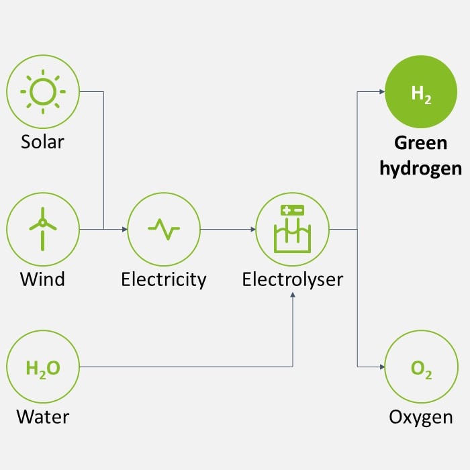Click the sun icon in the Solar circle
click(43, 92)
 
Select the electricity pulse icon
click(164, 230)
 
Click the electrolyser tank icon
click(292, 229)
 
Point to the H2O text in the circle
click(43, 369)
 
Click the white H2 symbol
click(421, 94)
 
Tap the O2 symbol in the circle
click(421, 369)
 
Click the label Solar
click(42, 142)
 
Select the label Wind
click(42, 279)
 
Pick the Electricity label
click(164, 280)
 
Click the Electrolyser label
click(292, 280)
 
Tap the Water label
click(43, 417)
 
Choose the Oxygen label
click(421, 418)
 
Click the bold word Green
click(421, 142)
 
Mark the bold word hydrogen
click(421, 169)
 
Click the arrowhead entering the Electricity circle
click(125, 230)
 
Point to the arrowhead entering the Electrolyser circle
click(253, 230)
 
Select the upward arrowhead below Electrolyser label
click(293, 295)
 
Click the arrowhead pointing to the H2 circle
click(382, 92)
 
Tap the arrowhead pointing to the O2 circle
click(382, 367)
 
